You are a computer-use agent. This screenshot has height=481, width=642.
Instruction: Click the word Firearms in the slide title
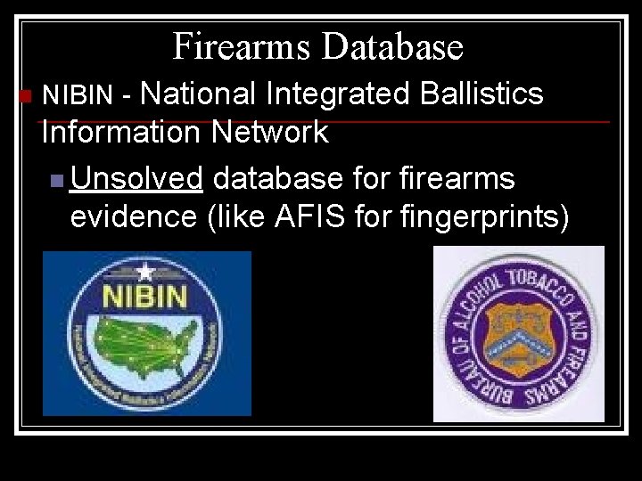coord(243,46)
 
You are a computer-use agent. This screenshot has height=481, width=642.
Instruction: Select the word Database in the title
coord(393,46)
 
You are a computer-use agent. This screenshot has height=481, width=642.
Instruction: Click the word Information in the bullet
coord(120,133)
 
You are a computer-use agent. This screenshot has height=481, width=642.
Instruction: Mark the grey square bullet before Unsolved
coord(57,180)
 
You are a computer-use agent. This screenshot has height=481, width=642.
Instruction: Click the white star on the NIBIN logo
coord(145,273)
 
